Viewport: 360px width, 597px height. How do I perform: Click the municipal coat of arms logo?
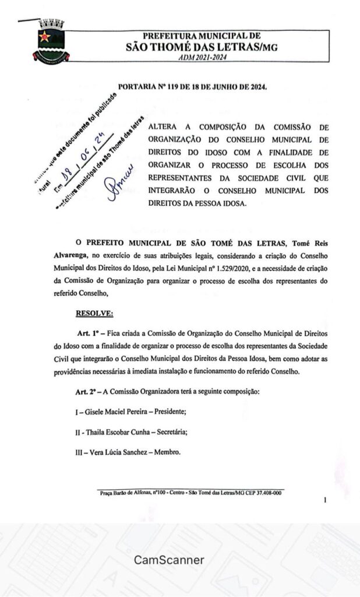(51, 43)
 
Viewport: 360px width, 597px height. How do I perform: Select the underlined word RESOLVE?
(94, 314)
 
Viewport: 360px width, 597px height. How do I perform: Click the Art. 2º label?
(89, 392)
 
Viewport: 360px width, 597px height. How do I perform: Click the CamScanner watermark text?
(170, 560)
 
